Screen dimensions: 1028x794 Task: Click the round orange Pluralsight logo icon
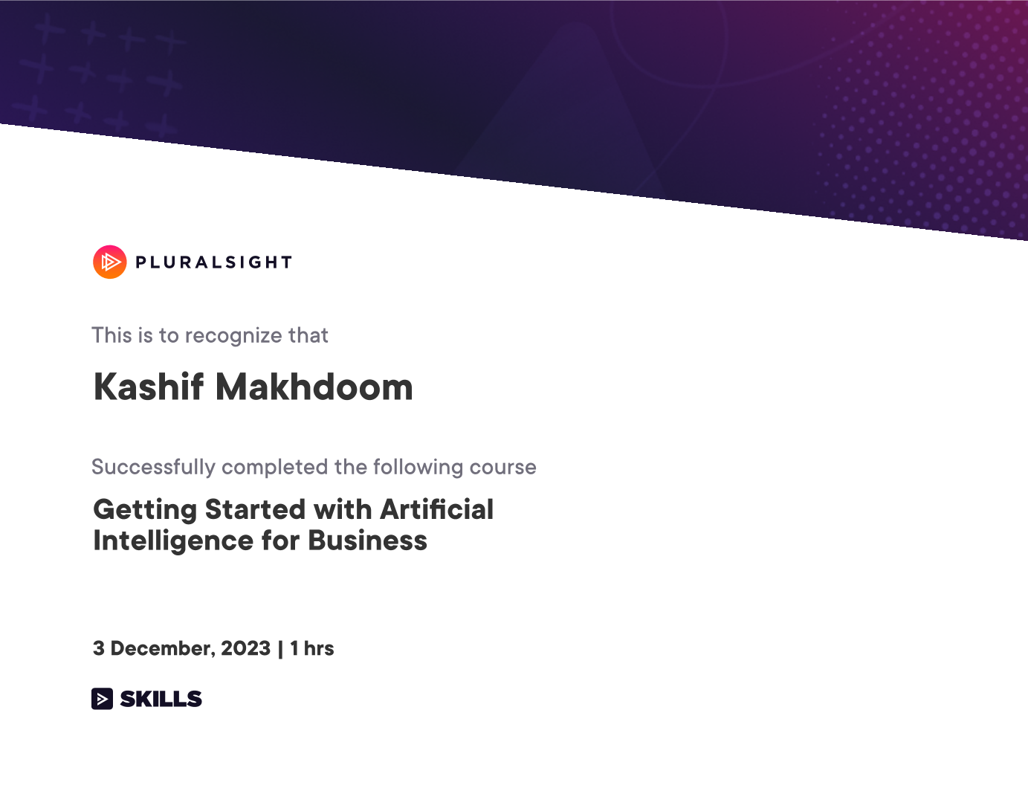pyautogui.click(x=110, y=262)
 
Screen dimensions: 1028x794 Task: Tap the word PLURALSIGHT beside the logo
pyautogui.click(x=213, y=262)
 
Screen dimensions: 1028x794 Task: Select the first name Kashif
pyautogui.click(x=149, y=387)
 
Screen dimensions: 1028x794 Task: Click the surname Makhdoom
pyautogui.click(x=314, y=387)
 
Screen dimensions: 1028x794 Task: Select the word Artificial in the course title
pyautogui.click(x=436, y=509)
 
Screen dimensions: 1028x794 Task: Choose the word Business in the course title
pyautogui.click(x=368, y=540)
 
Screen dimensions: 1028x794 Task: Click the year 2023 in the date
pyautogui.click(x=245, y=648)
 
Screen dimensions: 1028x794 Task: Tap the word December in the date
pyautogui.click(x=163, y=649)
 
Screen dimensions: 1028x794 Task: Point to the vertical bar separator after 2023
pyautogui.click(x=280, y=649)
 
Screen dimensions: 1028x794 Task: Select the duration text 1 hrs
pyautogui.click(x=311, y=648)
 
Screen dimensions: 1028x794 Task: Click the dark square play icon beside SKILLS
pyautogui.click(x=102, y=699)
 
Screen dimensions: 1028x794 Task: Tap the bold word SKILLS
pyautogui.click(x=161, y=699)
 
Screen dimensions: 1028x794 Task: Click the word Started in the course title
pyautogui.click(x=255, y=509)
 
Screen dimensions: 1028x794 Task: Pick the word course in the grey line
pyautogui.click(x=503, y=468)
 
